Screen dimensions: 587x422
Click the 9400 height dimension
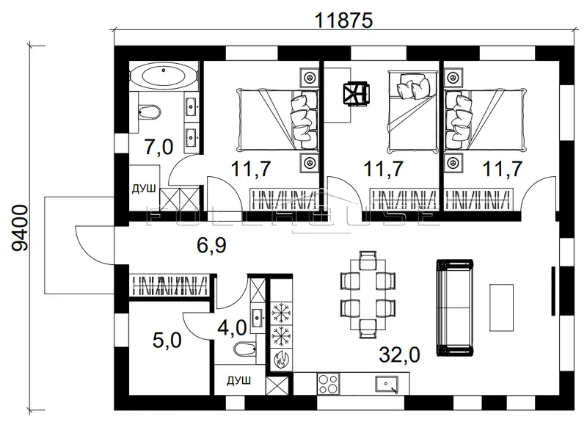[x=20, y=228]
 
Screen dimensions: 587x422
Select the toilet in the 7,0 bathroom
[x=148, y=112]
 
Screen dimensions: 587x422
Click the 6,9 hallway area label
[x=211, y=245]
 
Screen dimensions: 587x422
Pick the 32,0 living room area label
[x=399, y=354]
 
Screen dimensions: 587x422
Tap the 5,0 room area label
[x=167, y=341]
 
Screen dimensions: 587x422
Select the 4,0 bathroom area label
[x=232, y=327]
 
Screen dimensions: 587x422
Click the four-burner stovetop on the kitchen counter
[x=328, y=383]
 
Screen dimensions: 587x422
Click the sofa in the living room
[x=455, y=308]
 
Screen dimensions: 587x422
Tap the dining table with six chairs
[x=368, y=295]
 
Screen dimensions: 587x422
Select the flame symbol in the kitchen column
[x=281, y=359]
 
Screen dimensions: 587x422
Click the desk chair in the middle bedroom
[x=357, y=94]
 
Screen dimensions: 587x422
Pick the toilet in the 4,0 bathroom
[x=244, y=349]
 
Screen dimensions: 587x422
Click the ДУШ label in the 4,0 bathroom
[x=239, y=381]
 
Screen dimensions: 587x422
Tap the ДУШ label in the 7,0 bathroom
[x=144, y=189]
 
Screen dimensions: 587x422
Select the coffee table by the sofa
[x=502, y=308]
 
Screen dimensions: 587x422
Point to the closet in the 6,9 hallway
[x=169, y=285]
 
